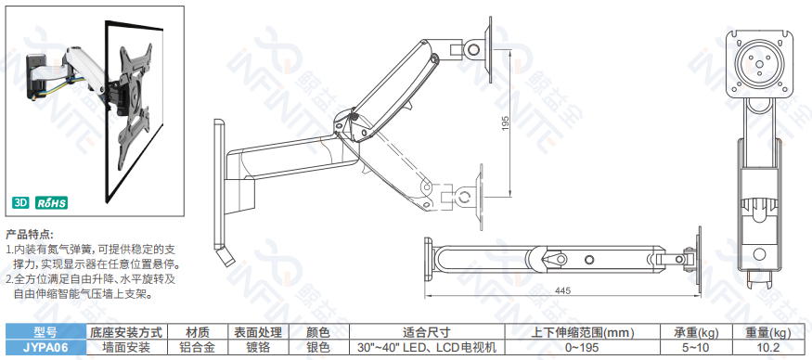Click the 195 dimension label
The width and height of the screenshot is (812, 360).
pos(506,122)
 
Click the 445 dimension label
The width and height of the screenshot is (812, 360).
pos(562,290)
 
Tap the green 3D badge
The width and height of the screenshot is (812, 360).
pos(21,202)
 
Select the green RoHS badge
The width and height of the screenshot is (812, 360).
pos(51,202)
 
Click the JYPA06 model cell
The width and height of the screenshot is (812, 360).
pos(45,347)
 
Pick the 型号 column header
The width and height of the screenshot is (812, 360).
pos(45,332)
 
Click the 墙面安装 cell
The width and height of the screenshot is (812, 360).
pos(126,347)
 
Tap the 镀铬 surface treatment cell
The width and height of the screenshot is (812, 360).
pos(258,347)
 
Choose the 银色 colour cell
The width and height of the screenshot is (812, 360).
pos(318,347)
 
